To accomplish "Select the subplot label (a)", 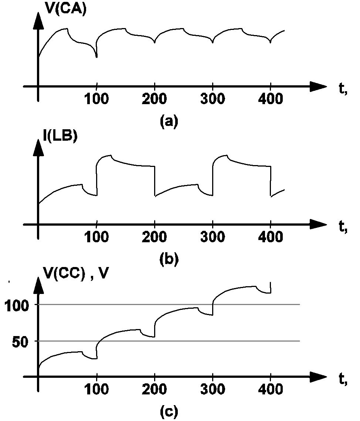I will pyautogui.click(x=169, y=121).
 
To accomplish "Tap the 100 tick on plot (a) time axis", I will pyautogui.click(x=96, y=100).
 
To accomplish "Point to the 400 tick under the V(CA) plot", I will pyautogui.click(x=271, y=100).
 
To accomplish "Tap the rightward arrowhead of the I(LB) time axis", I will pyautogui.click(x=318, y=224).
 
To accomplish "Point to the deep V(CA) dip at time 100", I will pyautogui.click(x=96, y=57).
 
